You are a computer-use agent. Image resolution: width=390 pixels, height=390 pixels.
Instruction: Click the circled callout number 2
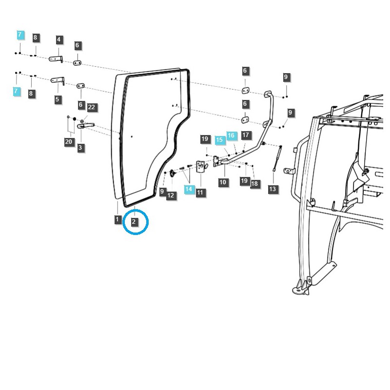(134, 222)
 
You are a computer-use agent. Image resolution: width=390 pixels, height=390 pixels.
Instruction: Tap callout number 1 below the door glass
(117, 219)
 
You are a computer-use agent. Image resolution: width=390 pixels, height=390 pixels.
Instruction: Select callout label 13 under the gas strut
(273, 189)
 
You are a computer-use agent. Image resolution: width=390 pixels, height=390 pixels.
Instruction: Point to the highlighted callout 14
(189, 189)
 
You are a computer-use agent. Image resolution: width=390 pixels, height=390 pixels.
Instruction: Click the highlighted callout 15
(219, 139)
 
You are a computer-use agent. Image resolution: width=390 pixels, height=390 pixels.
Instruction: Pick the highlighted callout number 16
(231, 135)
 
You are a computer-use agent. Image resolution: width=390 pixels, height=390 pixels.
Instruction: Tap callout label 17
(245, 135)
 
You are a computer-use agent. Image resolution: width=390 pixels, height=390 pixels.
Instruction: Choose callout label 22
(92, 107)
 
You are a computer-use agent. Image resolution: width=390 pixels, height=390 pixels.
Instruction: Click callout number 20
(69, 142)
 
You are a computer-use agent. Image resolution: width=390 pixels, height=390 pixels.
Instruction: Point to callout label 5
(58, 99)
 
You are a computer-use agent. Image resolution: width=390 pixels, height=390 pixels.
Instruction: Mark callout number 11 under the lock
(200, 193)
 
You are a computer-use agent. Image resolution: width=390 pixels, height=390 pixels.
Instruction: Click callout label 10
(223, 182)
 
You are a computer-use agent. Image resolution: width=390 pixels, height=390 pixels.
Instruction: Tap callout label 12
(171, 195)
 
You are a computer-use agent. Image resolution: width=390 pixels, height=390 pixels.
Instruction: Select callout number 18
(254, 184)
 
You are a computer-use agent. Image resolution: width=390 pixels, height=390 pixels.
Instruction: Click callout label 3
(80, 147)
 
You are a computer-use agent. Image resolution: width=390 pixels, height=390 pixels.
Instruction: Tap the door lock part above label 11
(200, 167)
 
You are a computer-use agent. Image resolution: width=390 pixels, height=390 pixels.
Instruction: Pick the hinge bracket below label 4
(56, 59)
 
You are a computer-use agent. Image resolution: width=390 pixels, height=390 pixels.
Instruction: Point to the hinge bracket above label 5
(58, 80)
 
